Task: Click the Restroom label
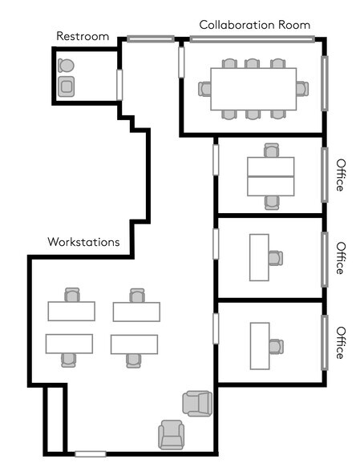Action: coord(83,36)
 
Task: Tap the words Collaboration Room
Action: coord(254,26)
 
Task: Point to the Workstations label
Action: coord(83,241)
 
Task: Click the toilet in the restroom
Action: coord(67,66)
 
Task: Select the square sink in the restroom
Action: coord(67,86)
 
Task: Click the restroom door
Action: coord(119,84)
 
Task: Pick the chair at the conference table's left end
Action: coord(205,89)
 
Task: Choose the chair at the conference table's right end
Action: coord(301,89)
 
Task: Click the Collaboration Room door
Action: coord(181,62)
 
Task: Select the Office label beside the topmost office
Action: coord(341,175)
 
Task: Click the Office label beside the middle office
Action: coord(341,258)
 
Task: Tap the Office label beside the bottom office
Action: coord(341,343)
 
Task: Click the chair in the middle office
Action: coord(276,258)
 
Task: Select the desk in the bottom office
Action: coord(259,345)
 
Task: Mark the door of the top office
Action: coord(216,158)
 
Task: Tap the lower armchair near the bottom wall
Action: coord(172,434)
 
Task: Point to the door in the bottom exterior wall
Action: coord(91,454)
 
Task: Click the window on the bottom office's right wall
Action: coord(325,342)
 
